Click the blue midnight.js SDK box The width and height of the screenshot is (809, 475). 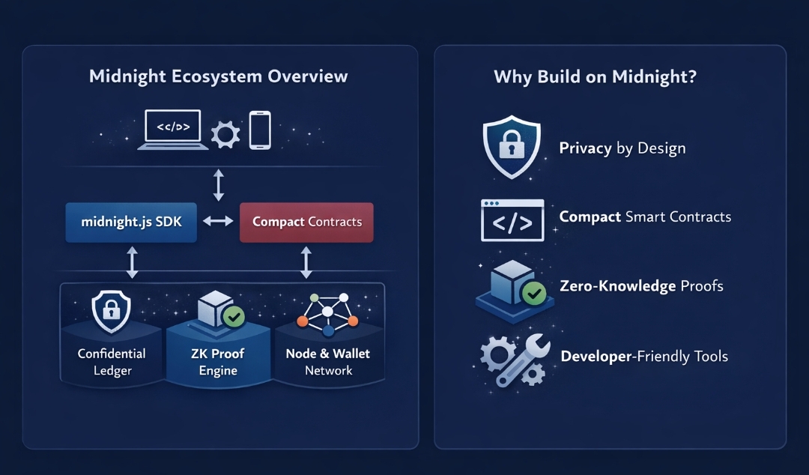click(x=131, y=222)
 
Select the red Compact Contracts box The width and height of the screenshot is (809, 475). click(x=306, y=222)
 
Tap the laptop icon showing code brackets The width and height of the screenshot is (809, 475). click(x=173, y=130)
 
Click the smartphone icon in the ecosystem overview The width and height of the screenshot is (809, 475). click(x=259, y=130)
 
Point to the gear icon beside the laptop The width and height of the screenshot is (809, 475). click(x=225, y=135)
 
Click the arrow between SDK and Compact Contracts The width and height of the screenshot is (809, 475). click(x=218, y=222)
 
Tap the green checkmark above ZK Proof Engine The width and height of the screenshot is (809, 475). click(x=234, y=317)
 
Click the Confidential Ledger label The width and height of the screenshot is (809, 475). click(x=112, y=361)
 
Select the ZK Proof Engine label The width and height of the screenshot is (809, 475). click(x=218, y=362)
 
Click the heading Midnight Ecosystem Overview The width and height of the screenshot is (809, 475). click(x=218, y=76)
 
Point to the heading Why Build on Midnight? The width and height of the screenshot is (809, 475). click(x=595, y=76)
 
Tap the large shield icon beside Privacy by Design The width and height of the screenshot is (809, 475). click(x=512, y=147)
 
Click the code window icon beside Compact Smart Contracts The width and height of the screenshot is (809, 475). click(x=512, y=220)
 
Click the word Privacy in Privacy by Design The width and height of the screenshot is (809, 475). click(x=585, y=148)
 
